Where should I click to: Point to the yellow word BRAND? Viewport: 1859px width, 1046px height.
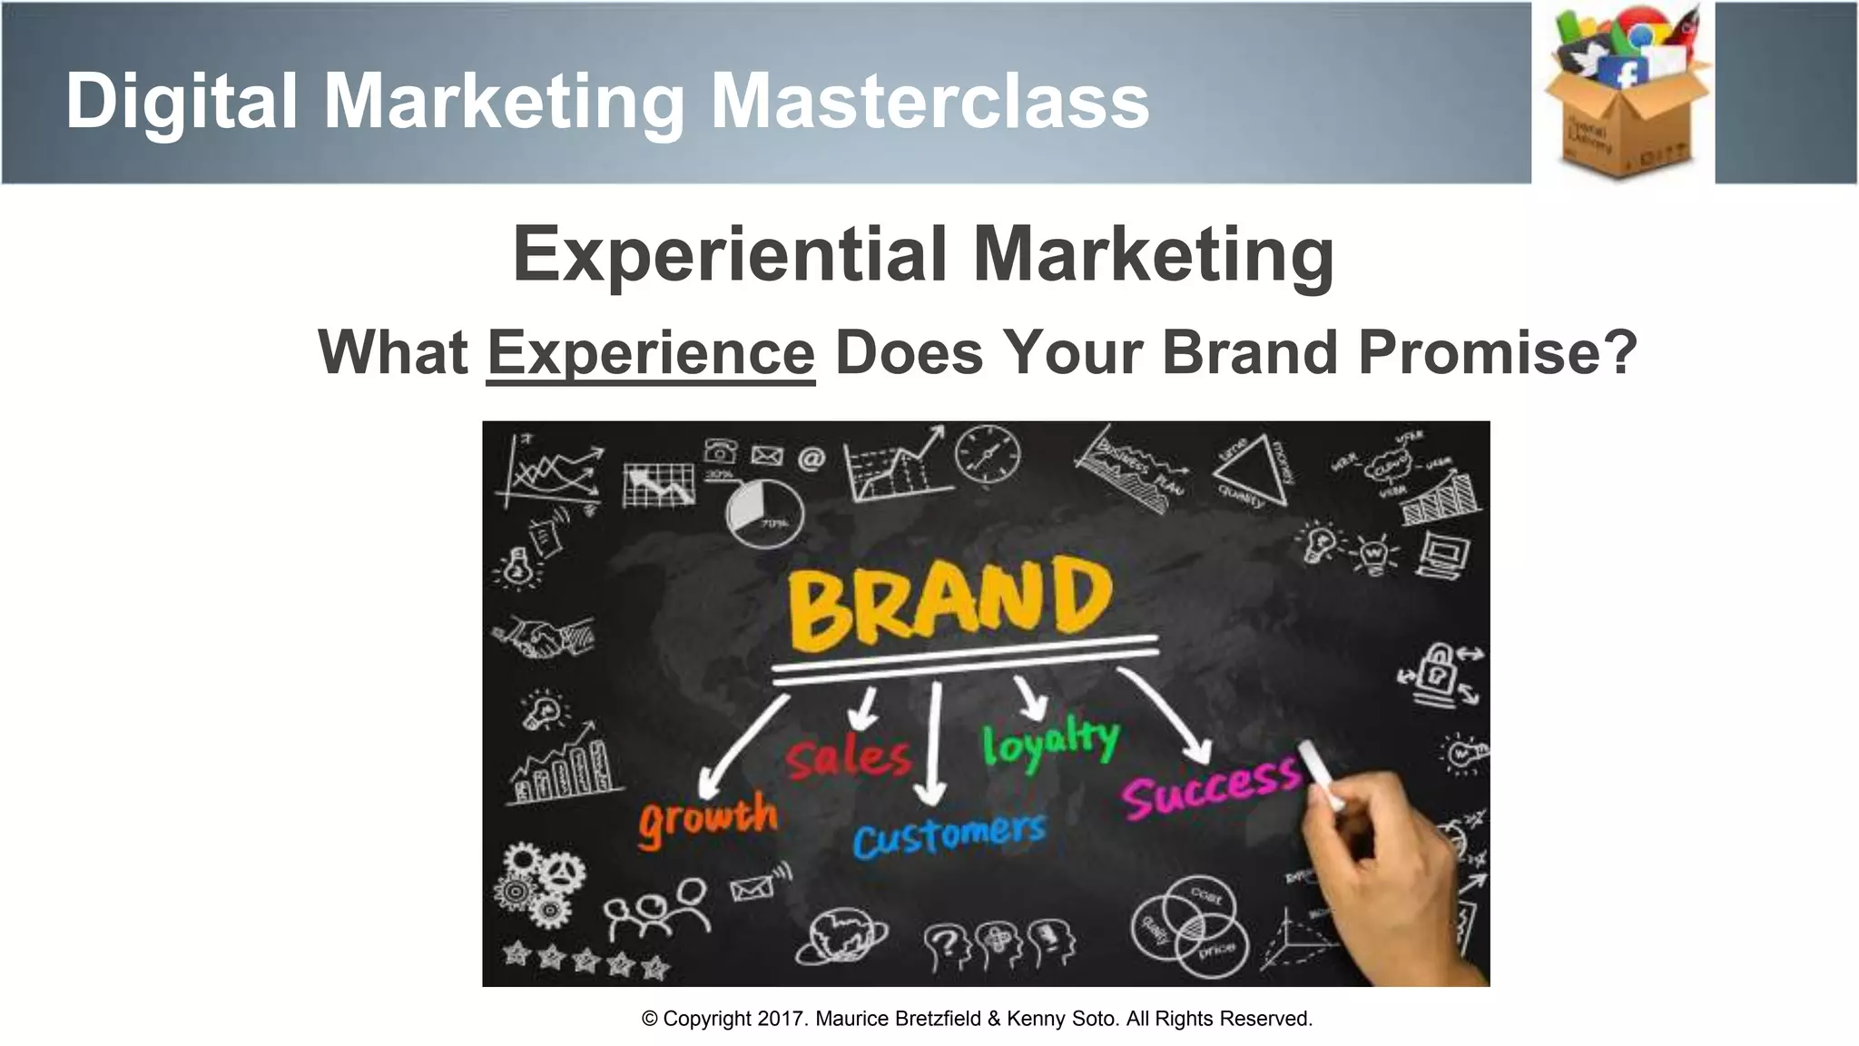coord(949,601)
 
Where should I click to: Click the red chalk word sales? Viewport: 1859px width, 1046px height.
coord(849,756)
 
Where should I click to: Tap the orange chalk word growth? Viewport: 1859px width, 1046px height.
coord(707,817)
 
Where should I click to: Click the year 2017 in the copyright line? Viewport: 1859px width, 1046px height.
coord(781,1019)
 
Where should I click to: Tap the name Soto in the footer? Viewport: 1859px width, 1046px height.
coord(1095,1019)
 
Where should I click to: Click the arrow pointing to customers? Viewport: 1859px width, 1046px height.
coord(931,745)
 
